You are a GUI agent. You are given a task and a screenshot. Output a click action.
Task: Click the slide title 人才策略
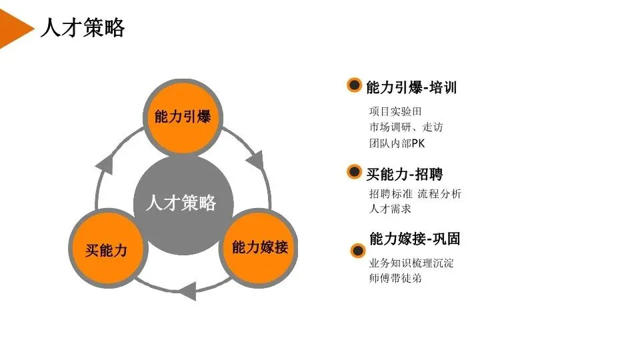[83, 28]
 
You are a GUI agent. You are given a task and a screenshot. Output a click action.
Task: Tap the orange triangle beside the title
[15, 28]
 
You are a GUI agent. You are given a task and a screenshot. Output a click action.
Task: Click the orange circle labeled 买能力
[107, 250]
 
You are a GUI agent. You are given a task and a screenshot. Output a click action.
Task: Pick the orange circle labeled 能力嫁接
[259, 247]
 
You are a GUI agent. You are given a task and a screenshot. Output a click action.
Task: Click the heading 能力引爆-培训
[411, 87]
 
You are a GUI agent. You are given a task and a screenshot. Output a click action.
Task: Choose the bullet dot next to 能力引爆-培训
[355, 86]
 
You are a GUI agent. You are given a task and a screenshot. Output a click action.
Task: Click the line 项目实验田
[395, 111]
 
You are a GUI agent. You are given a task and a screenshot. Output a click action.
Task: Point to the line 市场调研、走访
[405, 127]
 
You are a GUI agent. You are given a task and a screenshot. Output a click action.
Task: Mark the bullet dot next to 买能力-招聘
[355, 173]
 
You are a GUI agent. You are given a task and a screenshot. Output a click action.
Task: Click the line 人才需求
[390, 209]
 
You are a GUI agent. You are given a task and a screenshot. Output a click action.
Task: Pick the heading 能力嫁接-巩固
[415, 239]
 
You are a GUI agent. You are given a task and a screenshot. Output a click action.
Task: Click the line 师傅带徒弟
[395, 279]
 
